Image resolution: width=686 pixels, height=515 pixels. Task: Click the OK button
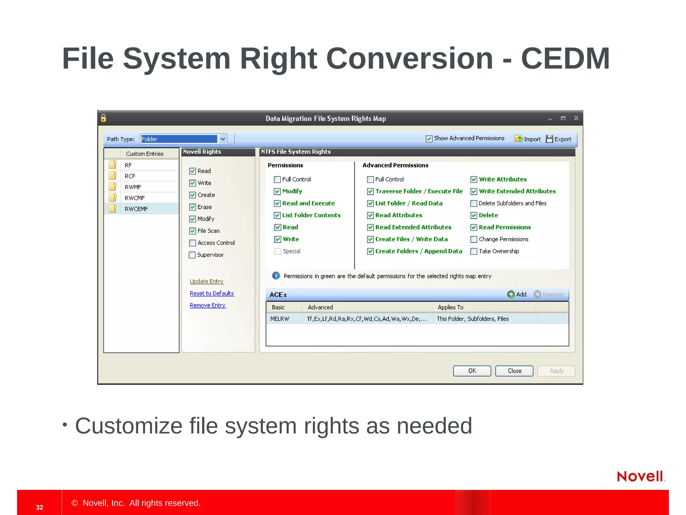point(472,371)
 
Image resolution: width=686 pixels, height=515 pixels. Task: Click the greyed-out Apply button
point(556,371)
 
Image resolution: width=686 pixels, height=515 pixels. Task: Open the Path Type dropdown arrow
point(223,139)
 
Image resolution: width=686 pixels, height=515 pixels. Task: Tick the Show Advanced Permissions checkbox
point(429,139)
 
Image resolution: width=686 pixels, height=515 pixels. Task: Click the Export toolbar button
point(559,139)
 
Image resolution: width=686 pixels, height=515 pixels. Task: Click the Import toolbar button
point(528,139)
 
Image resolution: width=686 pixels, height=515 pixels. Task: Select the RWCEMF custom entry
point(136,209)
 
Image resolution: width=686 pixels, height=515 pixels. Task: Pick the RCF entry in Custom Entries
point(130,176)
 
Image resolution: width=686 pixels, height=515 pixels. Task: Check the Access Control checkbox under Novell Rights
point(193,243)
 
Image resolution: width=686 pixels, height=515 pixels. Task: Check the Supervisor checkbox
point(192,255)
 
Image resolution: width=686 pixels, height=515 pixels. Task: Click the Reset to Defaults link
point(212,293)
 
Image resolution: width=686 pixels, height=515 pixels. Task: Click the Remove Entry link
point(208,305)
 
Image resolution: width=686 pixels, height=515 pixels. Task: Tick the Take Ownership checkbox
point(474,251)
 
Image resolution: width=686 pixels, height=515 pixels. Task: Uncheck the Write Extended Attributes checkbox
point(474,191)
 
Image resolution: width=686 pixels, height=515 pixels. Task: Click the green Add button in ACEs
point(517,294)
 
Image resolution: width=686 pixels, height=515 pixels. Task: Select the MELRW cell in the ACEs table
point(280,319)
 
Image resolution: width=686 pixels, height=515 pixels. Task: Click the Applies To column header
point(451,307)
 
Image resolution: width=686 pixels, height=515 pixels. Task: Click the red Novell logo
point(640,476)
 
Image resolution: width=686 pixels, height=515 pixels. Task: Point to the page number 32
point(40,507)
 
